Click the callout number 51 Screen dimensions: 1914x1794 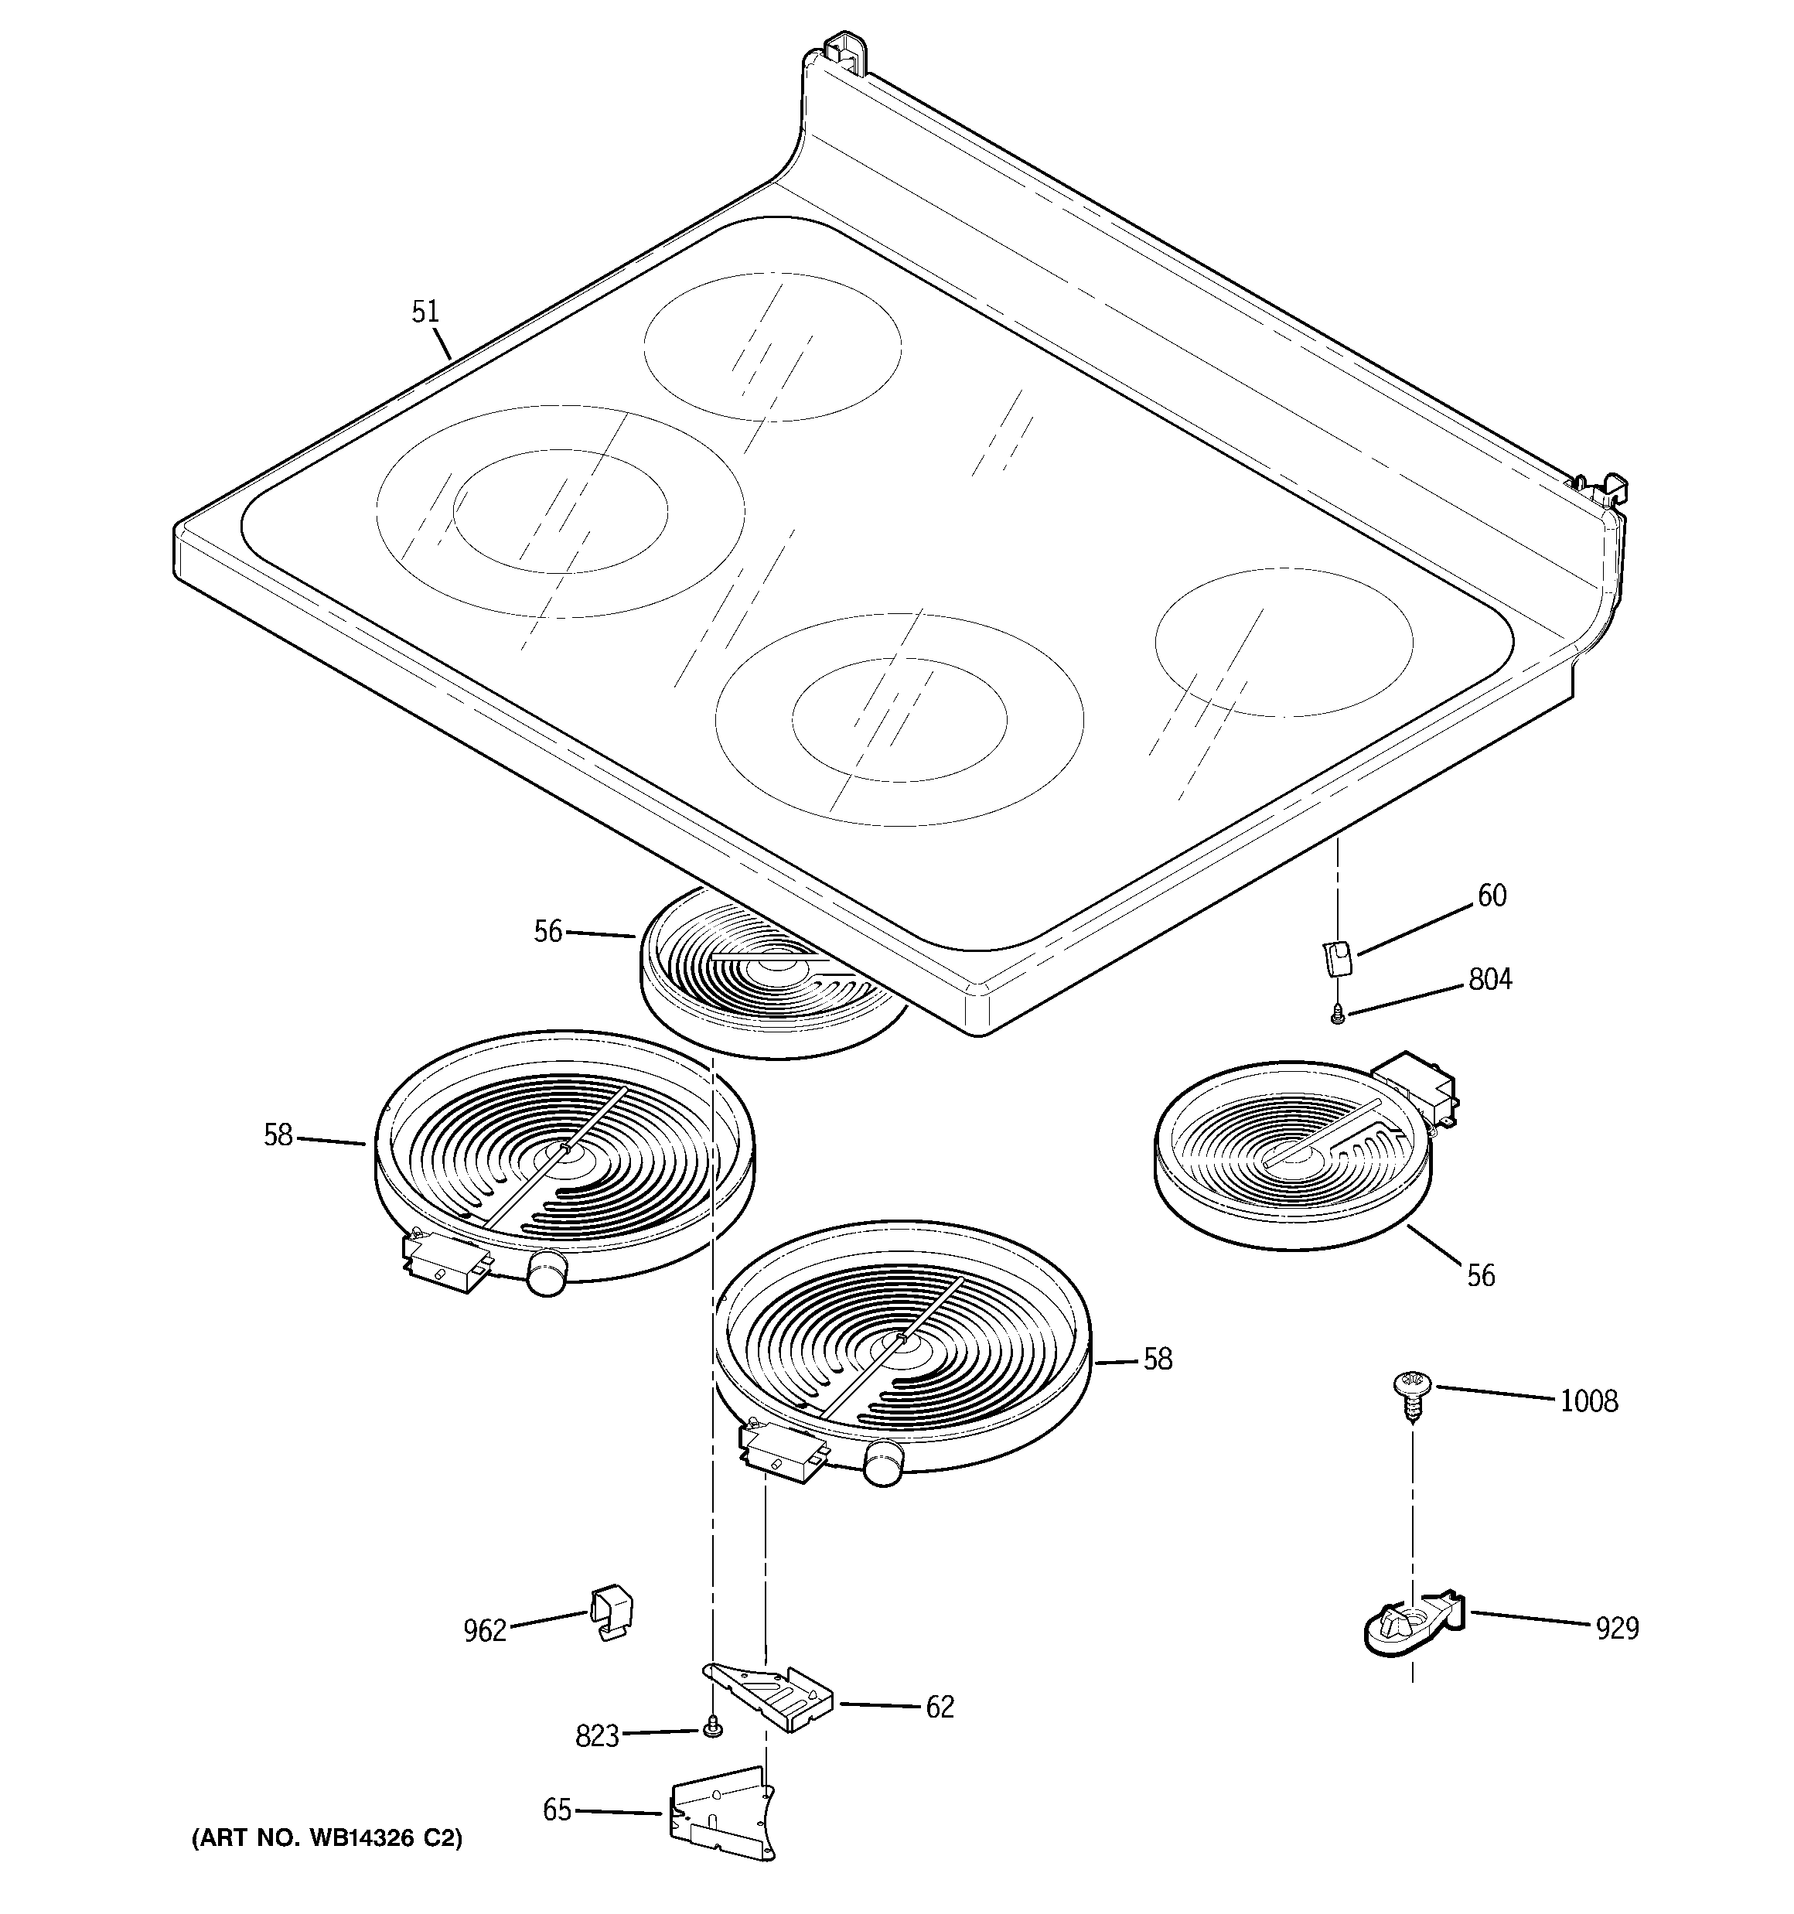pyautogui.click(x=425, y=312)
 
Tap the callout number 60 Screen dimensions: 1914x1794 pyautogui.click(x=1492, y=896)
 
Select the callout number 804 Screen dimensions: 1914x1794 pyautogui.click(x=1489, y=980)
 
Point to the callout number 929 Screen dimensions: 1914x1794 pyautogui.click(x=1617, y=1628)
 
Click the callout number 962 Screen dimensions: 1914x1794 pyautogui.click(x=484, y=1631)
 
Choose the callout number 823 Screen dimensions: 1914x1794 pyautogui.click(x=596, y=1737)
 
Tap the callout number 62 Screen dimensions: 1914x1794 pyautogui.click(x=939, y=1707)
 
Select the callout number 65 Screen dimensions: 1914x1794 pyautogui.click(x=557, y=1810)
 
